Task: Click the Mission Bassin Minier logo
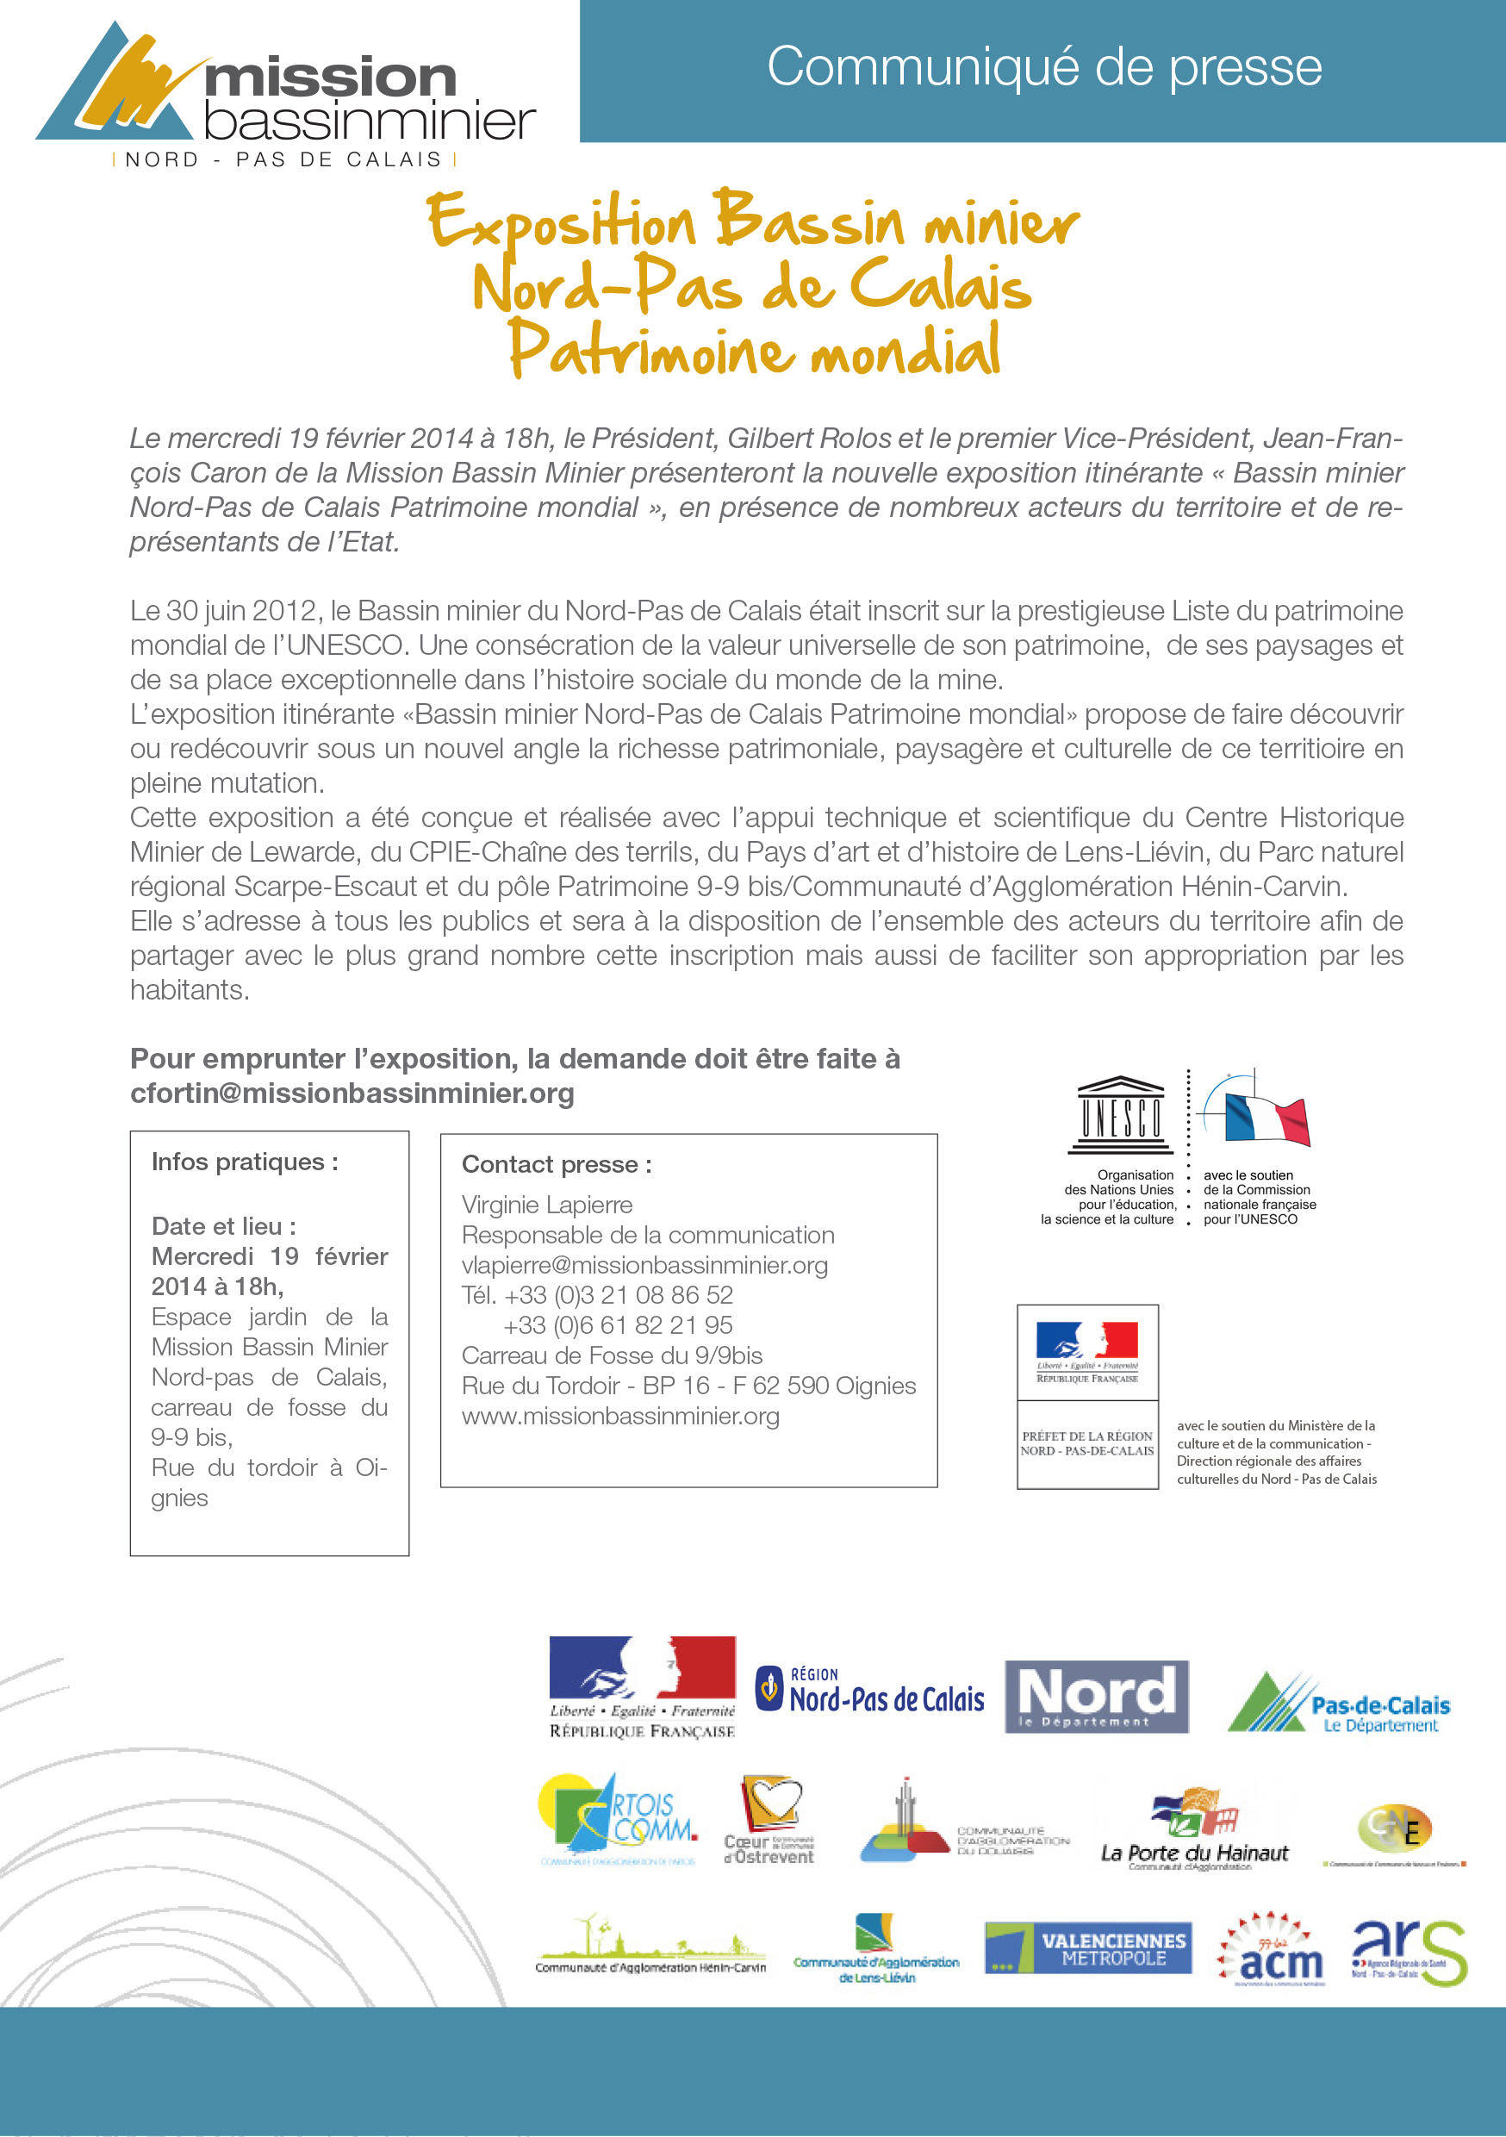285,93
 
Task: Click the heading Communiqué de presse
1043,67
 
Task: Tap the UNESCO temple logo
1121,1114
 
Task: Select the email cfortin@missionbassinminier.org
352,1093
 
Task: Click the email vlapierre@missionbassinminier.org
644,1265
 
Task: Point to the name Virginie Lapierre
546,1206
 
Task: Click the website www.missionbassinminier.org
620,1416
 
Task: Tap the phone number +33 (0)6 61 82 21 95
617,1325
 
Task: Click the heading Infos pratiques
245,1162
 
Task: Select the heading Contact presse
557,1164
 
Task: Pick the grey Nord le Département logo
1097,1697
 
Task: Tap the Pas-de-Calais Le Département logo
1339,1704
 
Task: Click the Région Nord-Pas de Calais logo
869,1692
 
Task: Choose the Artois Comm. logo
617,1819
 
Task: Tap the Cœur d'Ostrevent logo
769,1820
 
